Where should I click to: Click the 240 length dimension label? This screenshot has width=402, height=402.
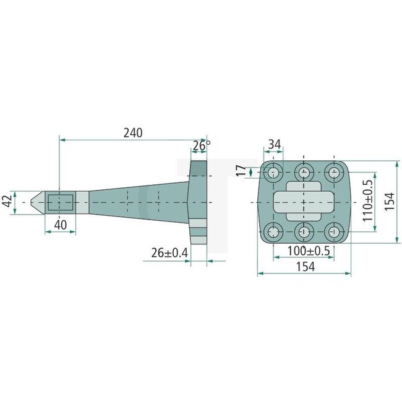[x=133, y=133]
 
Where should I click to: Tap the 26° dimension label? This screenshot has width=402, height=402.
[x=202, y=145]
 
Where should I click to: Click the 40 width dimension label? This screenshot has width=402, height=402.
[x=61, y=225]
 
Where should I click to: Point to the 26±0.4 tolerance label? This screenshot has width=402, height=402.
[x=169, y=253]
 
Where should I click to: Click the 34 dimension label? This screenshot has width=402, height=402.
[x=275, y=145]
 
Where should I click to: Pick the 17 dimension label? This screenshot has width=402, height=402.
[x=241, y=171]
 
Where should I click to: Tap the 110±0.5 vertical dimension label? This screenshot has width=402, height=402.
[x=367, y=200]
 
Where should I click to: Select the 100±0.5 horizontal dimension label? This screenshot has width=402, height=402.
[x=309, y=250]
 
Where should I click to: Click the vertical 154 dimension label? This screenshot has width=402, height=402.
[x=390, y=201]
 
